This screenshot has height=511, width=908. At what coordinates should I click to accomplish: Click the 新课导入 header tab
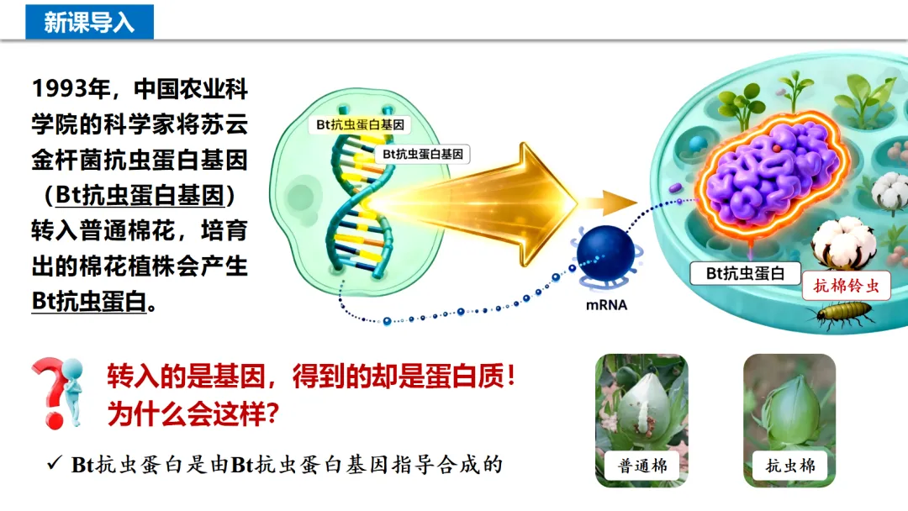[x=89, y=21]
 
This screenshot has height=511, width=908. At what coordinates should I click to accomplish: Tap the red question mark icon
[x=56, y=391]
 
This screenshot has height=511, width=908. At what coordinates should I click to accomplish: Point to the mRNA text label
[x=606, y=305]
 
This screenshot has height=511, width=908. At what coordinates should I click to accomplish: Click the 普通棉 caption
[x=642, y=466]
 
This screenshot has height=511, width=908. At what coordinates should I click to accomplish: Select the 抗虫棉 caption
[x=789, y=466]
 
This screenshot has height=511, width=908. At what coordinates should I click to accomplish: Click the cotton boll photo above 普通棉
[x=641, y=403]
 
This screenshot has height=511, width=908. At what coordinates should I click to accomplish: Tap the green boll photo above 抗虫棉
[x=789, y=403]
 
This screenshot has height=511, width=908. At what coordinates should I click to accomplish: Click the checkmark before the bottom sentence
[x=55, y=463]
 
